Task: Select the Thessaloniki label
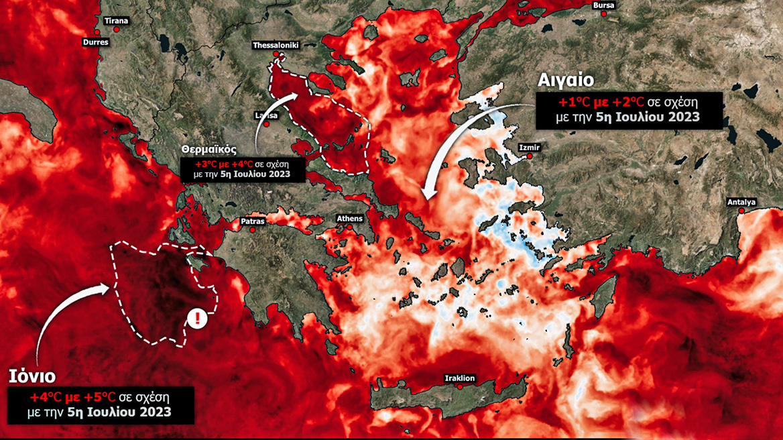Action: tap(276, 46)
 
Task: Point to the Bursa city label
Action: tap(603, 6)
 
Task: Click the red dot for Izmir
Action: tap(530, 156)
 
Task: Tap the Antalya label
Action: tap(741, 202)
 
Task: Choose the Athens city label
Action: tap(350, 219)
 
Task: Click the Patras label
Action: tap(253, 221)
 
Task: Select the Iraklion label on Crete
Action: tap(460, 378)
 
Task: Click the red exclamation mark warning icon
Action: tap(197, 319)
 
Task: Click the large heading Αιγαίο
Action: tap(566, 80)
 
